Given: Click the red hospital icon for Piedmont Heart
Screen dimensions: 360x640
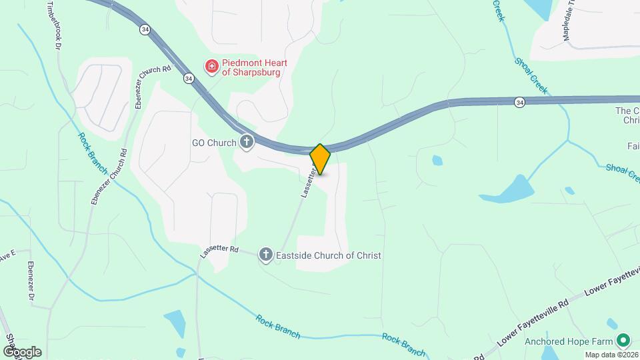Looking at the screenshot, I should coord(211,67).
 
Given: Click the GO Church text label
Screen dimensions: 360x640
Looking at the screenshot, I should coord(214,143).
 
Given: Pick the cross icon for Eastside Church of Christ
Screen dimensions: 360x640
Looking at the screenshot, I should coord(265,254).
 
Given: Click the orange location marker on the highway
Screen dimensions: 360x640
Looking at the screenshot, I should coord(321,159).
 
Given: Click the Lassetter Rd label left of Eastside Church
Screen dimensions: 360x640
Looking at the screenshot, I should coord(219,252).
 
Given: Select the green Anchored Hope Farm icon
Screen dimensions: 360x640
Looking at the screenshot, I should coord(623,341).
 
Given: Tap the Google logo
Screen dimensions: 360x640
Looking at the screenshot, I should coord(22,352).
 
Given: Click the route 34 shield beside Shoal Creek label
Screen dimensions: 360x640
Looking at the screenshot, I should coord(519,102).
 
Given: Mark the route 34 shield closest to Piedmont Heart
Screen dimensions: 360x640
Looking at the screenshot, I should coord(189,79).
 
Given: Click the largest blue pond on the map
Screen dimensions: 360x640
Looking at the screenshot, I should coord(509,189).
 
